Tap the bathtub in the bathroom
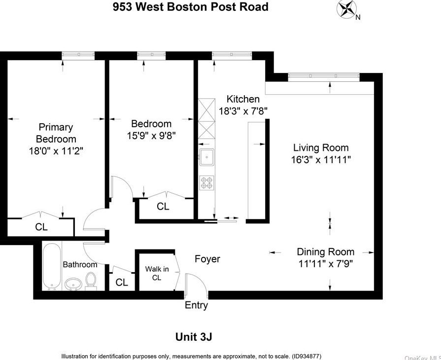(52, 266)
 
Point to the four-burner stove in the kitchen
(207, 182)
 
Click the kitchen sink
(207, 157)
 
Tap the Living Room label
(321, 148)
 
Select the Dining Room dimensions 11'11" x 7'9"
(325, 264)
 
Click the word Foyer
(207, 259)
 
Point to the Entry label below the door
(196, 305)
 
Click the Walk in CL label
(157, 273)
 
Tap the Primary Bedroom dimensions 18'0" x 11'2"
(56, 151)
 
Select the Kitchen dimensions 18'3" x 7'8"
(243, 111)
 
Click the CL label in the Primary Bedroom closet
(41, 227)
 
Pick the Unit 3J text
(194, 337)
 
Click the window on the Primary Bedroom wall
(78, 55)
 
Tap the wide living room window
(324, 76)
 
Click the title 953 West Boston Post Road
(191, 7)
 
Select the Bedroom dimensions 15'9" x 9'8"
(151, 136)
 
